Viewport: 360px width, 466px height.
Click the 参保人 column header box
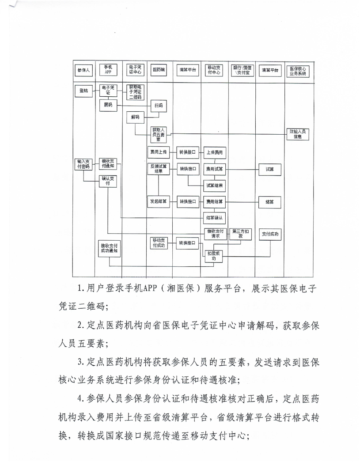coord(83,70)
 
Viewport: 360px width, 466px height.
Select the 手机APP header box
coord(108,70)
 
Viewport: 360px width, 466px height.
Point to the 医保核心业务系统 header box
coord(297,70)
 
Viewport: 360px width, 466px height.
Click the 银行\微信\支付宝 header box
coord(241,70)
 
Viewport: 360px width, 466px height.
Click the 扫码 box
coord(158,106)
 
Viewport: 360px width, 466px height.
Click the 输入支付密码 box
coord(83,164)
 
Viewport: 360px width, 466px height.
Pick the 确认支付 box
coord(108,181)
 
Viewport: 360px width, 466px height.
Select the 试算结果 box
coord(214,185)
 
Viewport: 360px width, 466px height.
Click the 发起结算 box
coord(158,201)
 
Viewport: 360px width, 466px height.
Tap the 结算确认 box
coord(214,217)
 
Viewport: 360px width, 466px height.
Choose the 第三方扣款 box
coord(241,234)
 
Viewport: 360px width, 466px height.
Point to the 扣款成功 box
coord(214,256)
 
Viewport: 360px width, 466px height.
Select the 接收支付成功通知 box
coord(109,247)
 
